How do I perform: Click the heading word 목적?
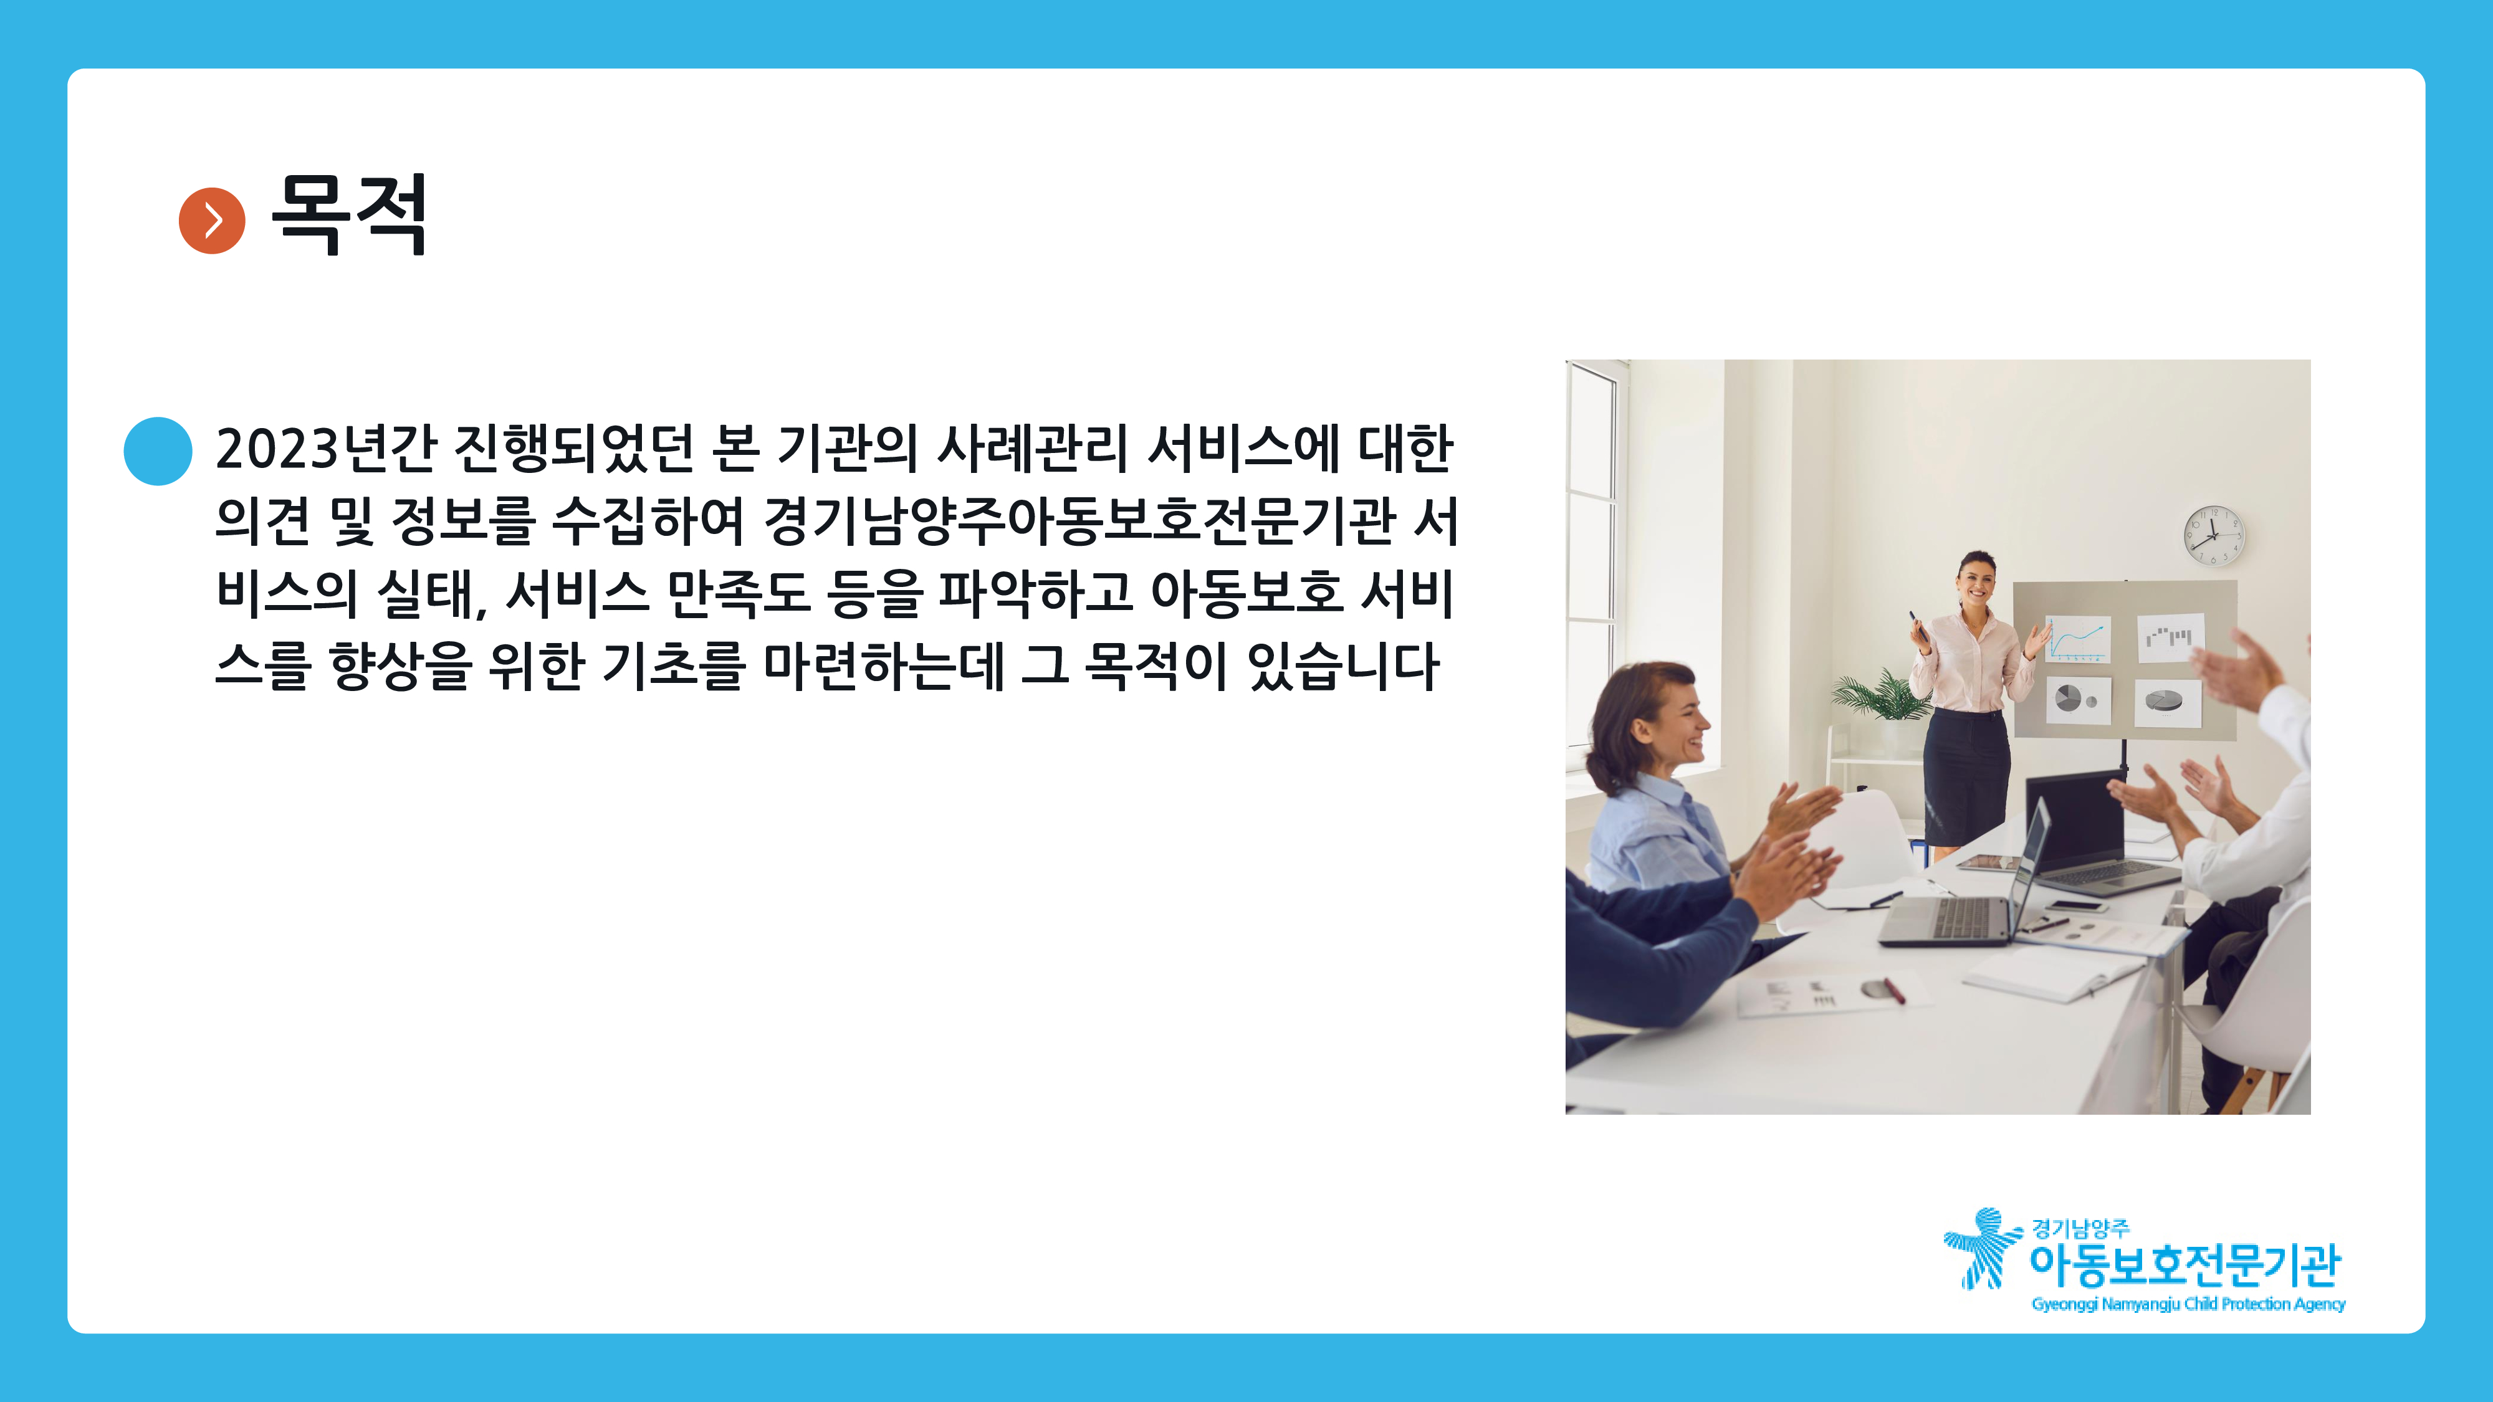[348, 215]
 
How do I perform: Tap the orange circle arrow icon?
[212, 221]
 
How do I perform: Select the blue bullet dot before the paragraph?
[158, 451]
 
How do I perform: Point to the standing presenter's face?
[1975, 581]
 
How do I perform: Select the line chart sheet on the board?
[2077, 639]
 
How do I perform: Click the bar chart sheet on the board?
[2170, 637]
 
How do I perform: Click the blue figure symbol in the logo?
[1982, 1248]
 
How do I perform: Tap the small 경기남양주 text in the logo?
[2080, 1229]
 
